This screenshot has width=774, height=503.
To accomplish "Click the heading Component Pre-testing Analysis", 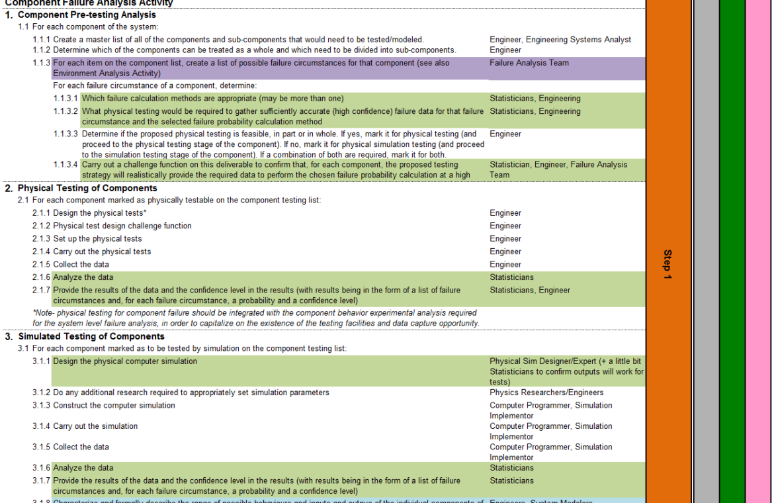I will [86, 15].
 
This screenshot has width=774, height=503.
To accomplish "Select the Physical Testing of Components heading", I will [87, 189].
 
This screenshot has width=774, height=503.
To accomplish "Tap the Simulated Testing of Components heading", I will [91, 337].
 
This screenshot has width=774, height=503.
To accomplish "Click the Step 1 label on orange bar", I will [667, 264].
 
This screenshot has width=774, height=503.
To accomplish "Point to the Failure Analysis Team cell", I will [529, 64].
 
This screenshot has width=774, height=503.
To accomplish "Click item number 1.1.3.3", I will [65, 134].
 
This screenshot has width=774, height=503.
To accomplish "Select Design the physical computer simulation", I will [125, 362].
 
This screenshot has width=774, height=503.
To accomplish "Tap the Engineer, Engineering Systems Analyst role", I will [560, 40].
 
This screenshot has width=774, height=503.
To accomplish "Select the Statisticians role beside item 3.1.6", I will [511, 468].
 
